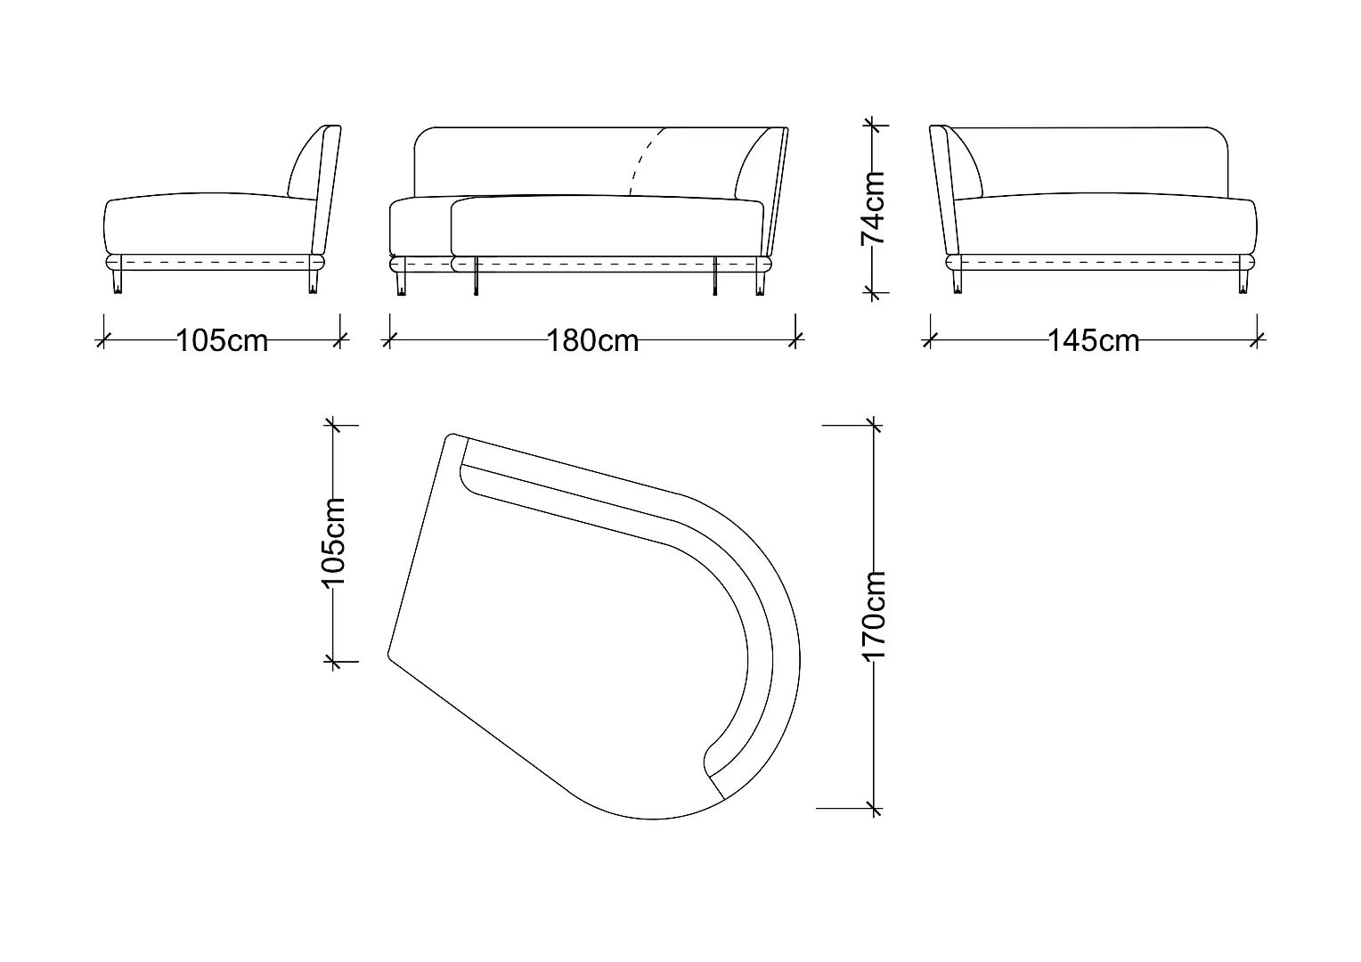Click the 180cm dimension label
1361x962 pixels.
[x=592, y=340]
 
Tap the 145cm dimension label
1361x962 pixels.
[x=1094, y=340]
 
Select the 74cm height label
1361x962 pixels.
[x=873, y=208]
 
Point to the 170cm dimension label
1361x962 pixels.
[x=874, y=615]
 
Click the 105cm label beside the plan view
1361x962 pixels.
[x=333, y=543]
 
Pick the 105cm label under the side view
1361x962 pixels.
[x=222, y=340]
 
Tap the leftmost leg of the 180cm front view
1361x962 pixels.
[x=401, y=283]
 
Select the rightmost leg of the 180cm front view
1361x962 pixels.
[x=760, y=283]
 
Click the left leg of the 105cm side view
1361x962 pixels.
[x=118, y=281]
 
